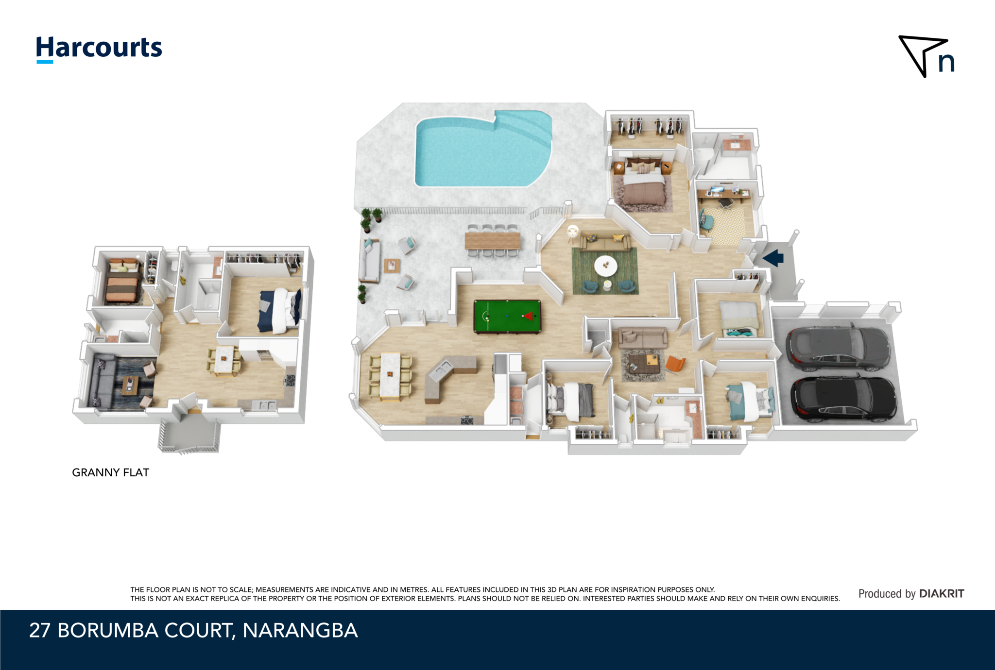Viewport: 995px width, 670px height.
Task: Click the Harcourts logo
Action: pos(99,49)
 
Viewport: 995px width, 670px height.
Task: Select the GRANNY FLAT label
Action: pos(110,472)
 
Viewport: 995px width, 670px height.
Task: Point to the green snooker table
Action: pos(507,317)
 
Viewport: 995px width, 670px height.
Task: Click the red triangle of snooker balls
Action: pos(529,316)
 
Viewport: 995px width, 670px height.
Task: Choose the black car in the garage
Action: pos(843,398)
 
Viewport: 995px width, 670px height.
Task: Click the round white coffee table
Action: pos(606,266)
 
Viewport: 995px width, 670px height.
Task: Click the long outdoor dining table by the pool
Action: pos(493,241)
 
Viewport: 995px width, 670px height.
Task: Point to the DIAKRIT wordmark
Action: pos(942,593)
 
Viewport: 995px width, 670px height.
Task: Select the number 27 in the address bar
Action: pos(40,630)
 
